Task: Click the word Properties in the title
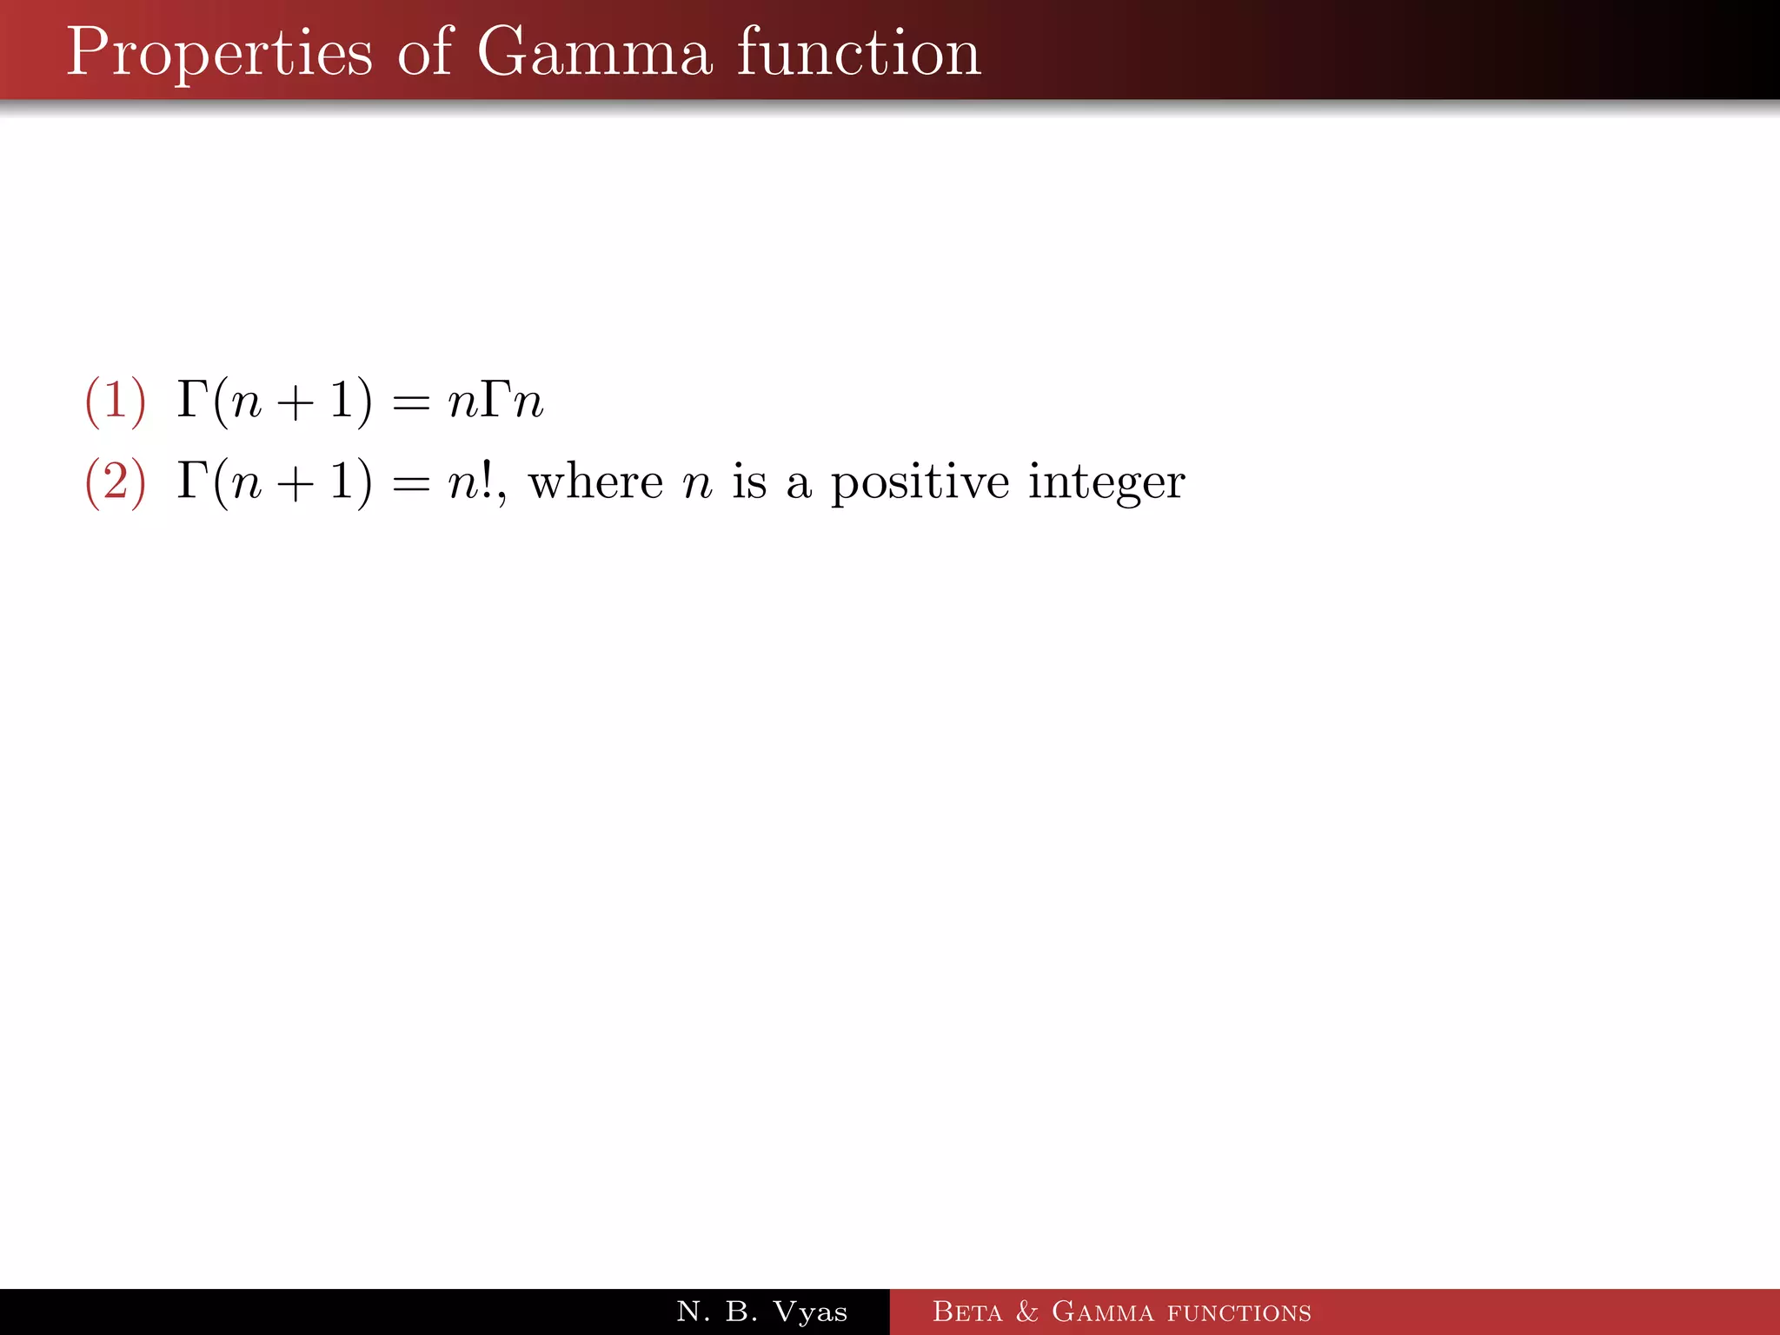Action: [219, 54]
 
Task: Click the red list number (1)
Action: [115, 401]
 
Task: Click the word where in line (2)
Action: [595, 481]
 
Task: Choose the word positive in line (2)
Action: [920, 482]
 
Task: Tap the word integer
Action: [1106, 482]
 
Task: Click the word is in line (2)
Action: [749, 481]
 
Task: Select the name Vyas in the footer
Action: [810, 1312]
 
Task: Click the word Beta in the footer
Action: [966, 1312]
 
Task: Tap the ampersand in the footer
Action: [1026, 1312]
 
